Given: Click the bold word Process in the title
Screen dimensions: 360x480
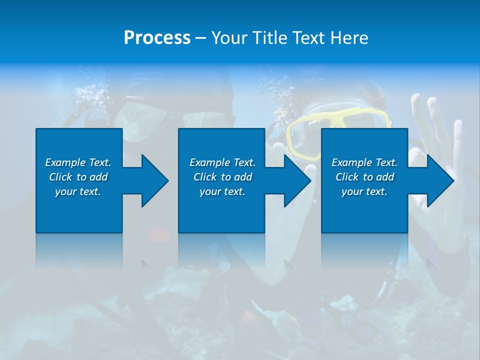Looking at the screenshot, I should pyautogui.click(x=157, y=38).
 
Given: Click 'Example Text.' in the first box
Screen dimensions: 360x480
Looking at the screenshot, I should pyautogui.click(x=78, y=162).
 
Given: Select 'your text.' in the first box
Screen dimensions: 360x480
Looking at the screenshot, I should pyautogui.click(x=78, y=191).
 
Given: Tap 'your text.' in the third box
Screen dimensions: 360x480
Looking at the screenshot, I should pyautogui.click(x=364, y=191).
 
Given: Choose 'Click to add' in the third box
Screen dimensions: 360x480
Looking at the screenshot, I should pyautogui.click(x=364, y=177).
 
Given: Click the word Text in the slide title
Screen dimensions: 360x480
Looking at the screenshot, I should pyautogui.click(x=309, y=38).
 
